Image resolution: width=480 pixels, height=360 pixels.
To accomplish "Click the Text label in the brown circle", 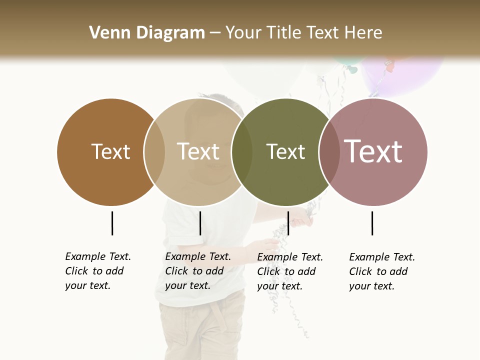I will [110, 151].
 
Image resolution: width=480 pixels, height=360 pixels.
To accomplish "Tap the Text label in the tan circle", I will [198, 151].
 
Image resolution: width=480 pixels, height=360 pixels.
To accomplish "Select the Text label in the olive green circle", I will [285, 151].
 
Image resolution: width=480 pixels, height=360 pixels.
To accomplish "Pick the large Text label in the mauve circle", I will [373, 151].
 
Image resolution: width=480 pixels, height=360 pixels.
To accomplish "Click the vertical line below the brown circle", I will [112, 223].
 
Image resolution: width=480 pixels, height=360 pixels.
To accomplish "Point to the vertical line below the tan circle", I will [200, 223].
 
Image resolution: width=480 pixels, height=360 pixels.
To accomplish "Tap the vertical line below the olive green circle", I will [288, 223].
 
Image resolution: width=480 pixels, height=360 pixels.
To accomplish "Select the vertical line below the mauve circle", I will [372, 223].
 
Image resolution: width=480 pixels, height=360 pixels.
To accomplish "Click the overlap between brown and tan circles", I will [154, 152].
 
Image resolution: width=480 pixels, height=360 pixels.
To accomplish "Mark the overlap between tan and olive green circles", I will [242, 152].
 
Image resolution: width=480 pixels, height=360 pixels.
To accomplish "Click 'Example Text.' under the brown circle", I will [98, 256].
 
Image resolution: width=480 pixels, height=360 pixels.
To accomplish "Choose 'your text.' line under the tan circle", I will [187, 285].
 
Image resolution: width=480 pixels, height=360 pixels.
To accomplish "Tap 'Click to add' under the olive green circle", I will [286, 271].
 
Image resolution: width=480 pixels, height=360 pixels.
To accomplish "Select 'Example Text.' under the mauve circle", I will [382, 257].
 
